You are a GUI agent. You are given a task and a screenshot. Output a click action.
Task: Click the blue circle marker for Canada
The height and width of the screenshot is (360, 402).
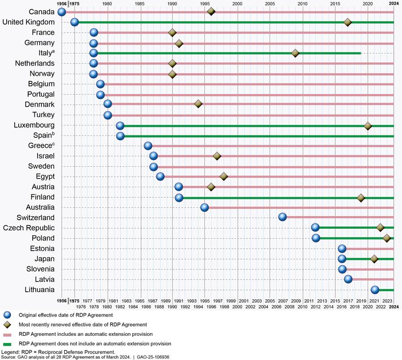click(x=62, y=12)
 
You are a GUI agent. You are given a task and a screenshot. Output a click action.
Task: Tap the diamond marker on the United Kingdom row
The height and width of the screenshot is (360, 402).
click(x=348, y=22)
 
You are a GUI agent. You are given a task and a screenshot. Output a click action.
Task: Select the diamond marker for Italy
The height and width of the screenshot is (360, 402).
click(x=295, y=53)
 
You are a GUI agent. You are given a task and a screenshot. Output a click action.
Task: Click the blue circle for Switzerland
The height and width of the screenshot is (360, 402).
click(x=282, y=217)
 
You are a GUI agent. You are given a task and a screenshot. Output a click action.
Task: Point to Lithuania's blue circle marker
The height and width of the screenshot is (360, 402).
click(x=375, y=290)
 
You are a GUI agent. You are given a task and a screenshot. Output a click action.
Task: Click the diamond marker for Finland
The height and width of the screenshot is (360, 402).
click(x=361, y=197)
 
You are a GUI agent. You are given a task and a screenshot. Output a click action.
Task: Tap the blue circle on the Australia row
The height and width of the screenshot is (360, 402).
click(x=205, y=207)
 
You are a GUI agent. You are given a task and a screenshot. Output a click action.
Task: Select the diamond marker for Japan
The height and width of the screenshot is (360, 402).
click(x=374, y=259)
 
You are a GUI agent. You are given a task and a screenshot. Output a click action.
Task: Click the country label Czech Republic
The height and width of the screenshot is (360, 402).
click(x=29, y=228)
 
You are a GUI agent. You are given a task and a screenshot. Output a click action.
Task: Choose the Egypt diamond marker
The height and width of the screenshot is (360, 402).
click(x=224, y=176)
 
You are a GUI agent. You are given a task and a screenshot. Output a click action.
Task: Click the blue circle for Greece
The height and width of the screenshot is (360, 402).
click(x=148, y=146)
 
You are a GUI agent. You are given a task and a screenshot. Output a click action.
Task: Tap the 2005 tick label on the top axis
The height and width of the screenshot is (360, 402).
click(x=270, y=4)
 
